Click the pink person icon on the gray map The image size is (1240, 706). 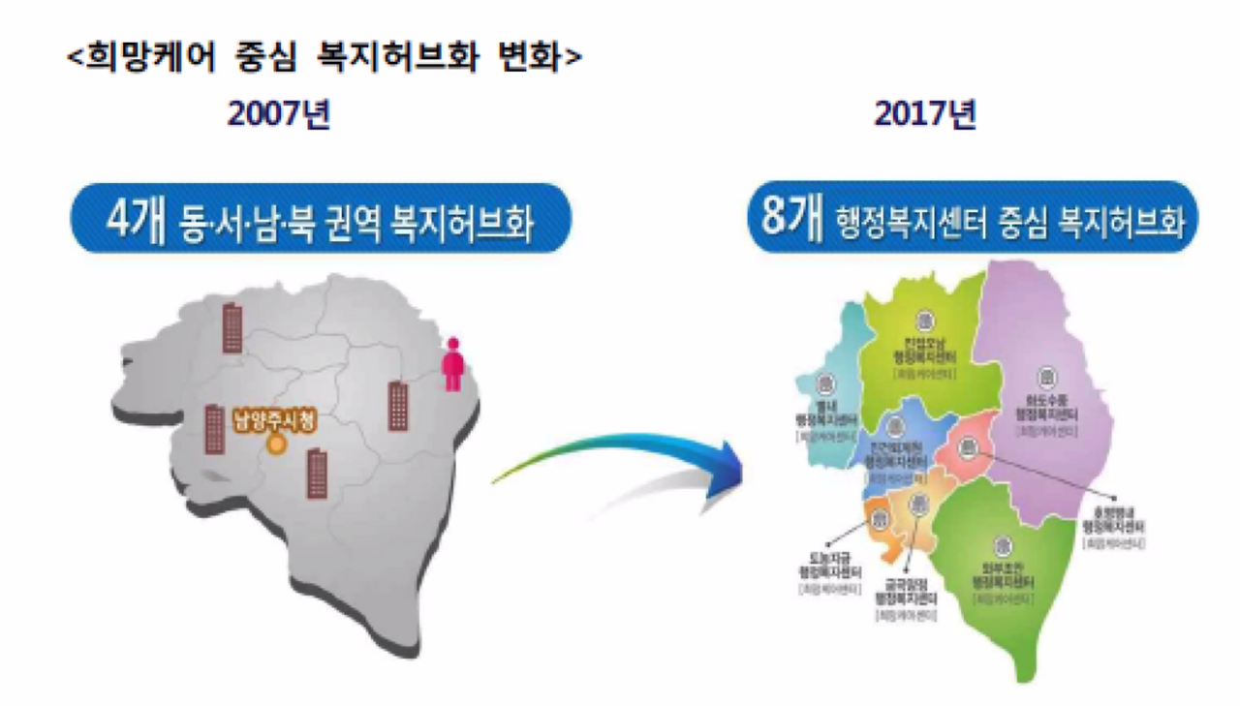452,364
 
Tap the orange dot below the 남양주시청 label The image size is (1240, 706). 277,446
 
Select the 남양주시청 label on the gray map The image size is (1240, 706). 276,422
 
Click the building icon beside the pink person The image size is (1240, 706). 398,406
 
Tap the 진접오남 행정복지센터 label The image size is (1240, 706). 925,348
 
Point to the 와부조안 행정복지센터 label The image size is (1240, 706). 1004,576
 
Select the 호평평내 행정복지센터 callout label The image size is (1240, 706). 1114,522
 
